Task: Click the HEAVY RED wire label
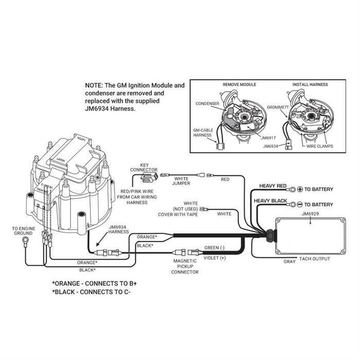pyautogui.click(x=273, y=186)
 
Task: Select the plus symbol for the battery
pyautogui.click(x=299, y=189)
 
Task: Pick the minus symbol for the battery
pyautogui.click(x=299, y=204)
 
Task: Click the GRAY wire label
pyautogui.click(x=290, y=261)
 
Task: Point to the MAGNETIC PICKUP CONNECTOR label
pyautogui.click(x=186, y=266)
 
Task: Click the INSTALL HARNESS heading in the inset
pyautogui.click(x=310, y=84)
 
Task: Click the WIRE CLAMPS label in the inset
pyautogui.click(x=319, y=146)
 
